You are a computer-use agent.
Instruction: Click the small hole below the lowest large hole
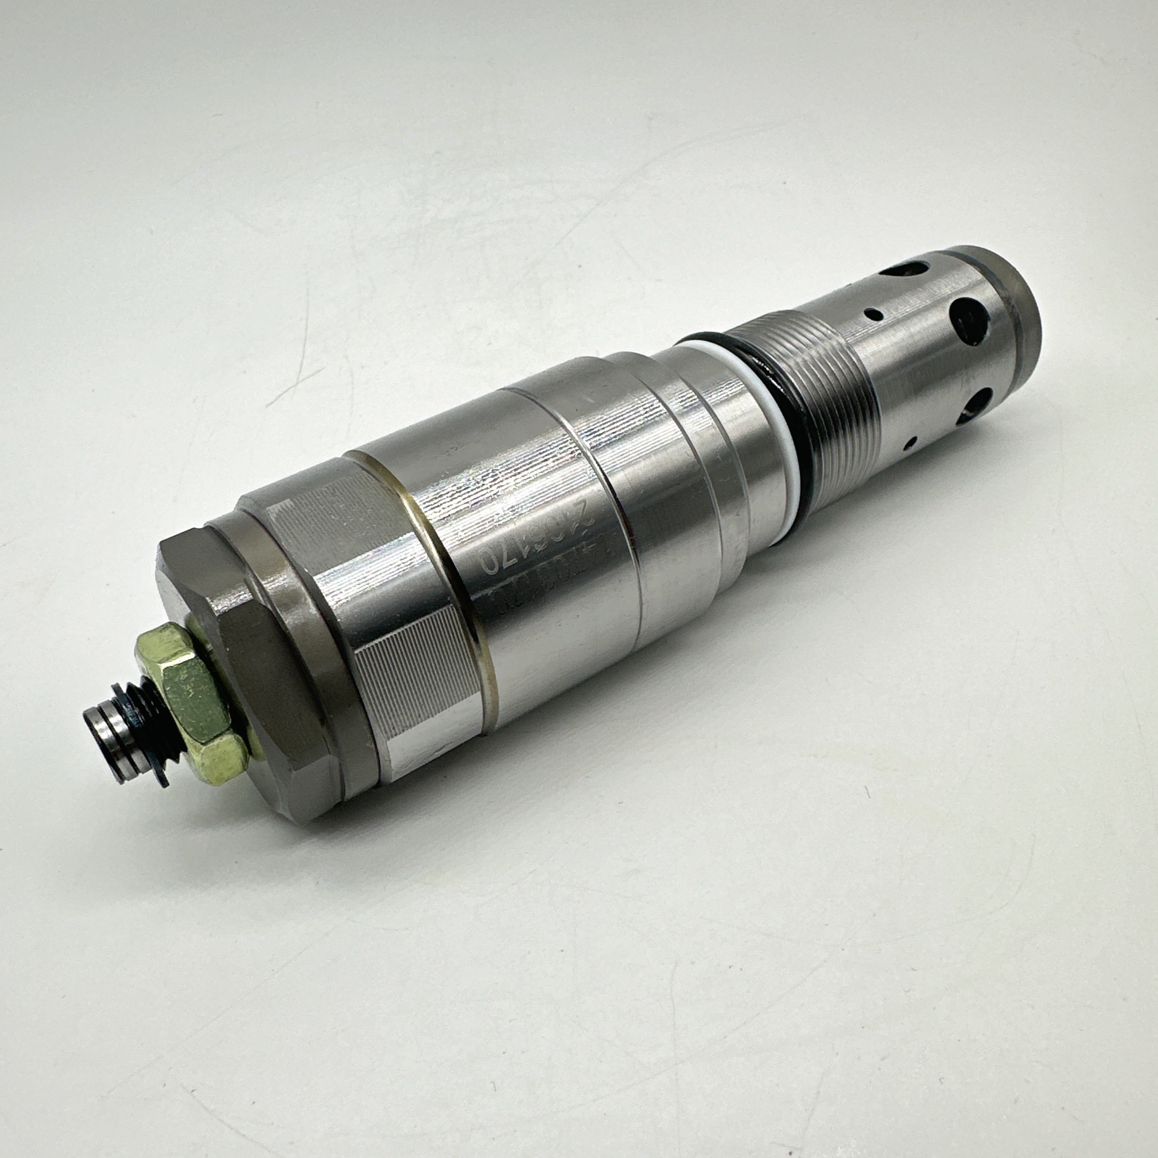pos(911,443)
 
